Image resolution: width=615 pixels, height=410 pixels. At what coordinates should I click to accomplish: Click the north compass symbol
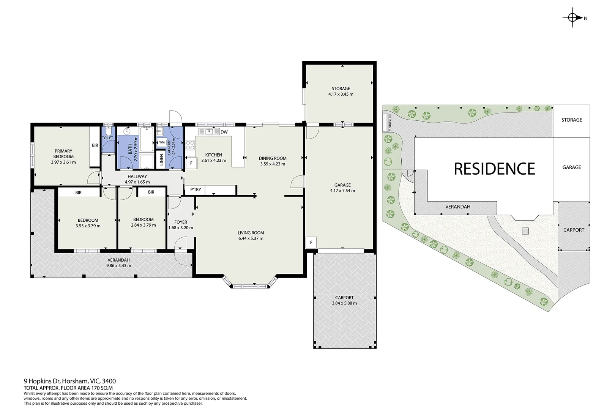[x=572, y=18]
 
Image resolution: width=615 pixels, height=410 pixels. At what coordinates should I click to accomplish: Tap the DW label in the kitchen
[x=224, y=132]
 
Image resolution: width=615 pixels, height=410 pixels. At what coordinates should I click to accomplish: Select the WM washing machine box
[x=162, y=142]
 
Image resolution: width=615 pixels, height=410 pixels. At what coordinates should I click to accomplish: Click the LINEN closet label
[x=161, y=159]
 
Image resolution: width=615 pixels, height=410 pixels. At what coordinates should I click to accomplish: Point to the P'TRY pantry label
[x=196, y=189]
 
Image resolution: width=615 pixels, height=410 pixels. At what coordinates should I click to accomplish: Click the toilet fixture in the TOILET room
[x=109, y=131]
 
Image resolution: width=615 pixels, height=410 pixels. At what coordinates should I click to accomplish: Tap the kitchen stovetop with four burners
[x=190, y=145]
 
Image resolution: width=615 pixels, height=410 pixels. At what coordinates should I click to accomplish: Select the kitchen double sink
[x=209, y=131]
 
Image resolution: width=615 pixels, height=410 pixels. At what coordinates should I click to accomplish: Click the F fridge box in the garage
[x=311, y=243]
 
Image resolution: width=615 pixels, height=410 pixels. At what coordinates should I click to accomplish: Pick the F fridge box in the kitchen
[x=191, y=163]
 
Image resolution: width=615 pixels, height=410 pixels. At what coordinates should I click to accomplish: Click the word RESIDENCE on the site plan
[x=495, y=169]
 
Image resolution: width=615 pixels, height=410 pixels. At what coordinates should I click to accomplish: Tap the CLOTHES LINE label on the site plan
[x=390, y=123]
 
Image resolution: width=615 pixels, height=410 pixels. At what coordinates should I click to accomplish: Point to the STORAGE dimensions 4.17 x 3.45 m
[x=341, y=94]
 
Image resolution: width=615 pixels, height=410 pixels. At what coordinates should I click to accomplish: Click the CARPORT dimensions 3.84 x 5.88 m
[x=344, y=303]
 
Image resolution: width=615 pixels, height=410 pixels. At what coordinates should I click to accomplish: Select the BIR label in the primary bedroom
[x=95, y=145]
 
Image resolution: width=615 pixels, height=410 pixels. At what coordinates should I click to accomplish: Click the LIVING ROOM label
[x=251, y=233]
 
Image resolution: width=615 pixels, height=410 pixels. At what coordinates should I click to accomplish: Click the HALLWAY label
[x=137, y=177]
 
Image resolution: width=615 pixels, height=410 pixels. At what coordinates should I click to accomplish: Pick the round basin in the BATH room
[x=126, y=131]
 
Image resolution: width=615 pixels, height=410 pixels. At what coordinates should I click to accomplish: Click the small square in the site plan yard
[x=525, y=231]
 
